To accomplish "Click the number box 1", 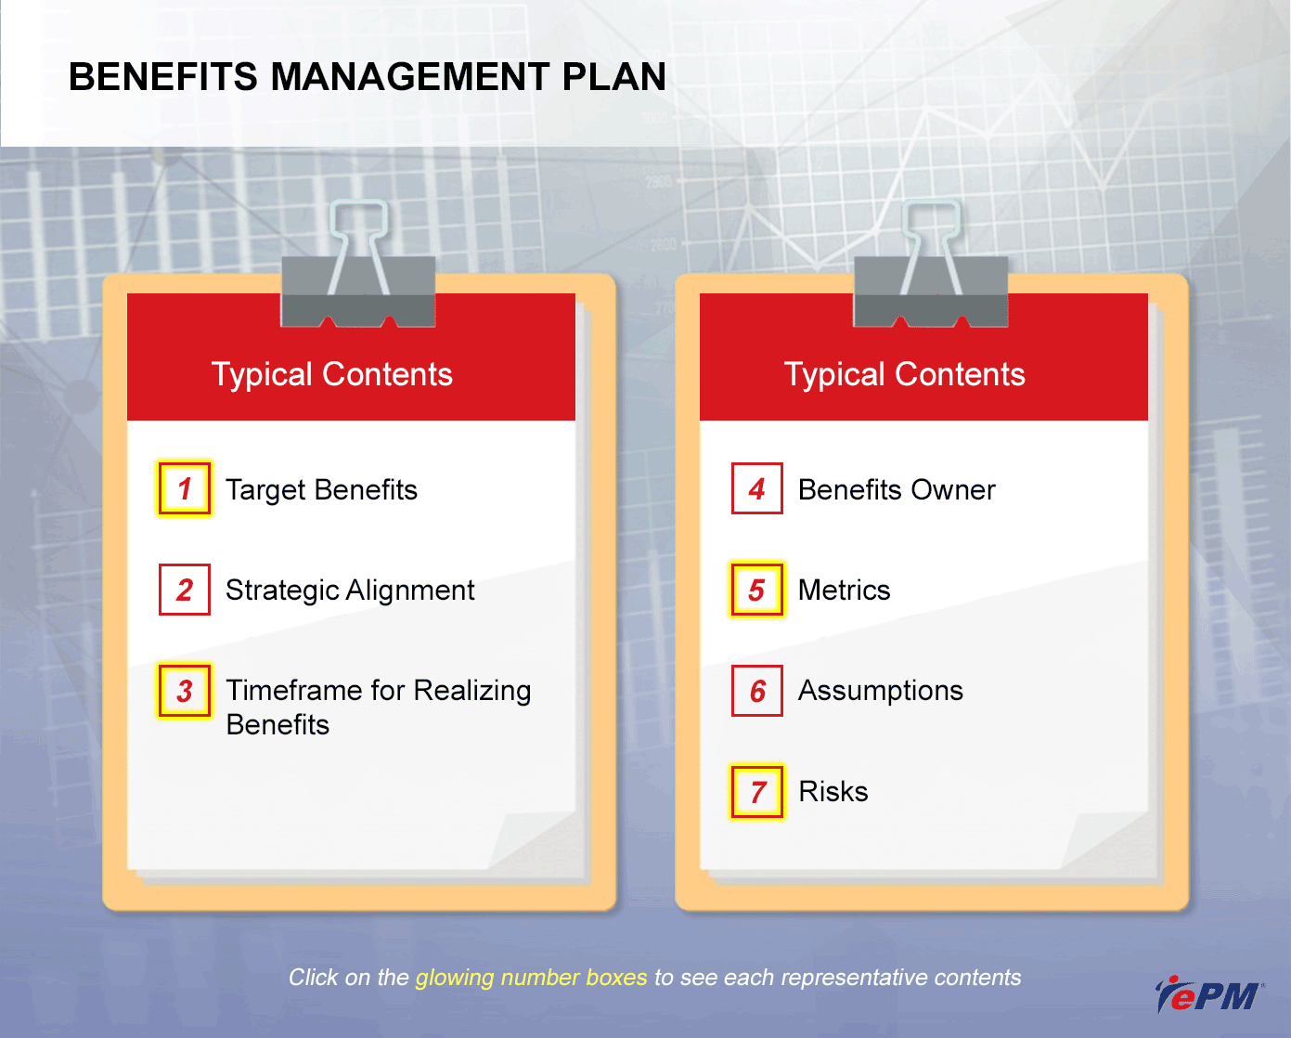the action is [184, 488].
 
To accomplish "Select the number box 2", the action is [184, 590].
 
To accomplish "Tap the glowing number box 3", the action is [184, 691].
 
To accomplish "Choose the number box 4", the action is [757, 488].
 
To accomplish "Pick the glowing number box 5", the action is [757, 590].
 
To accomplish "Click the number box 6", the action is [757, 691].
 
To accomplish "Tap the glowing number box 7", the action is [757, 792].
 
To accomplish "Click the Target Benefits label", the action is [321, 489].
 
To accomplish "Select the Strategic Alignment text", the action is [350, 590].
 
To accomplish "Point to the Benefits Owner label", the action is [897, 489].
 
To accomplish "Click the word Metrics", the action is [844, 590].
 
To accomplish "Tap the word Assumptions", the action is [881, 691].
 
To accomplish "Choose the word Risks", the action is [833, 791].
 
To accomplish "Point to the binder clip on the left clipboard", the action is [358, 265].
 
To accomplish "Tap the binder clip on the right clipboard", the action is [931, 265].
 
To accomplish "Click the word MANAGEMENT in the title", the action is [409, 77].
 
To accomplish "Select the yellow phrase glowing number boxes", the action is [532, 978].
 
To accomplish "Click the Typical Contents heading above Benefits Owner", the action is [905, 374].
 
